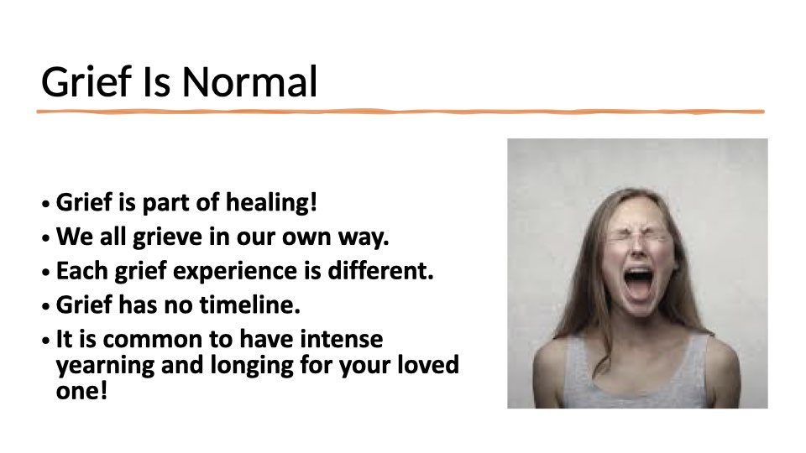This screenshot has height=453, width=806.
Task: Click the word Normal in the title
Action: click(250, 81)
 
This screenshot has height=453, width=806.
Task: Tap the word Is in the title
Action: click(156, 81)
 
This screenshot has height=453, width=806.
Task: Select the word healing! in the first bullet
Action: click(271, 203)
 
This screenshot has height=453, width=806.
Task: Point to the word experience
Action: click(235, 272)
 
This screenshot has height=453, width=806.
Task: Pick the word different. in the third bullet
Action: click(381, 271)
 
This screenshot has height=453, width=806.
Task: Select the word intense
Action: click(342, 339)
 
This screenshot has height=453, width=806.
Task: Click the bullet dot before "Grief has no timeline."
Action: click(46, 307)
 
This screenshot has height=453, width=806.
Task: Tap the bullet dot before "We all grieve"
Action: click(46, 238)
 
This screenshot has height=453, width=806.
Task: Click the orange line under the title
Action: click(400, 112)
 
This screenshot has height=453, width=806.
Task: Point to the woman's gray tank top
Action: click(636, 376)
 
